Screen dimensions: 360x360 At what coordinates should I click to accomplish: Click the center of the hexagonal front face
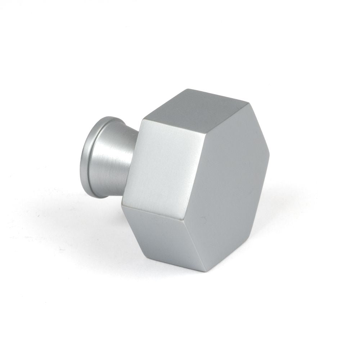(x=227, y=184)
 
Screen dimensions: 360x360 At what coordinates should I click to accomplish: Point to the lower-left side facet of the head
(x=162, y=234)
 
